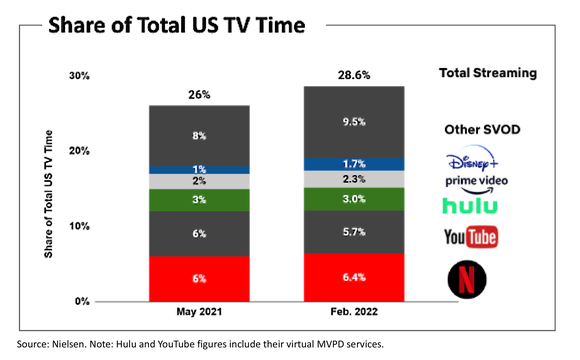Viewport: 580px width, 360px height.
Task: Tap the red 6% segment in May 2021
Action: pos(200,279)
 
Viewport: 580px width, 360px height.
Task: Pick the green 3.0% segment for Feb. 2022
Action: pos(355,199)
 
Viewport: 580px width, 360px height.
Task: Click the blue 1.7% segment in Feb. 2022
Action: pos(355,163)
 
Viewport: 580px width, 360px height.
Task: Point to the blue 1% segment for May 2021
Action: pos(200,169)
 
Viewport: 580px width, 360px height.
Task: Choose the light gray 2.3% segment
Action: pos(355,179)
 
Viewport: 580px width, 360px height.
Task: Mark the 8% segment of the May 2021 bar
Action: pos(200,134)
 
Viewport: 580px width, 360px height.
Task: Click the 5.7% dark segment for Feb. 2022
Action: pos(355,232)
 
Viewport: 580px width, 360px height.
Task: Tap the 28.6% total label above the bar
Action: pos(355,76)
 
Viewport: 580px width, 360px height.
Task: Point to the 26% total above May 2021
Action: pos(200,95)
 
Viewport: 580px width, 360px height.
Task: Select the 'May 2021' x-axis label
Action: pos(200,314)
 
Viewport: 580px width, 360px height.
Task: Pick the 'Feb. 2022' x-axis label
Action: pos(355,314)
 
